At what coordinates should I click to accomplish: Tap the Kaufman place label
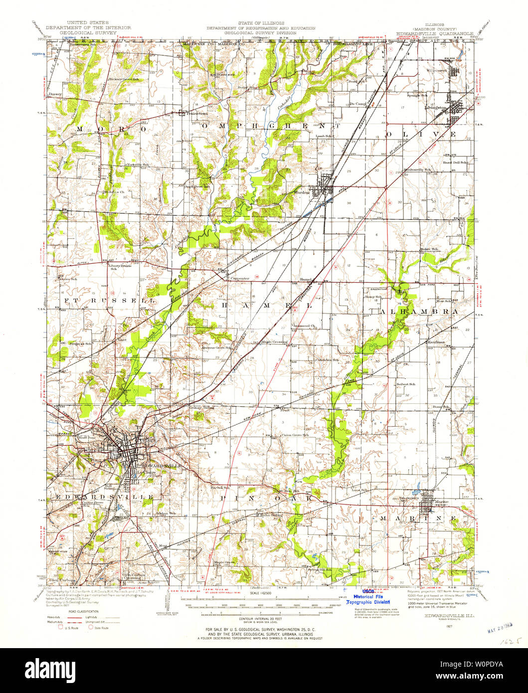(x=435, y=343)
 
